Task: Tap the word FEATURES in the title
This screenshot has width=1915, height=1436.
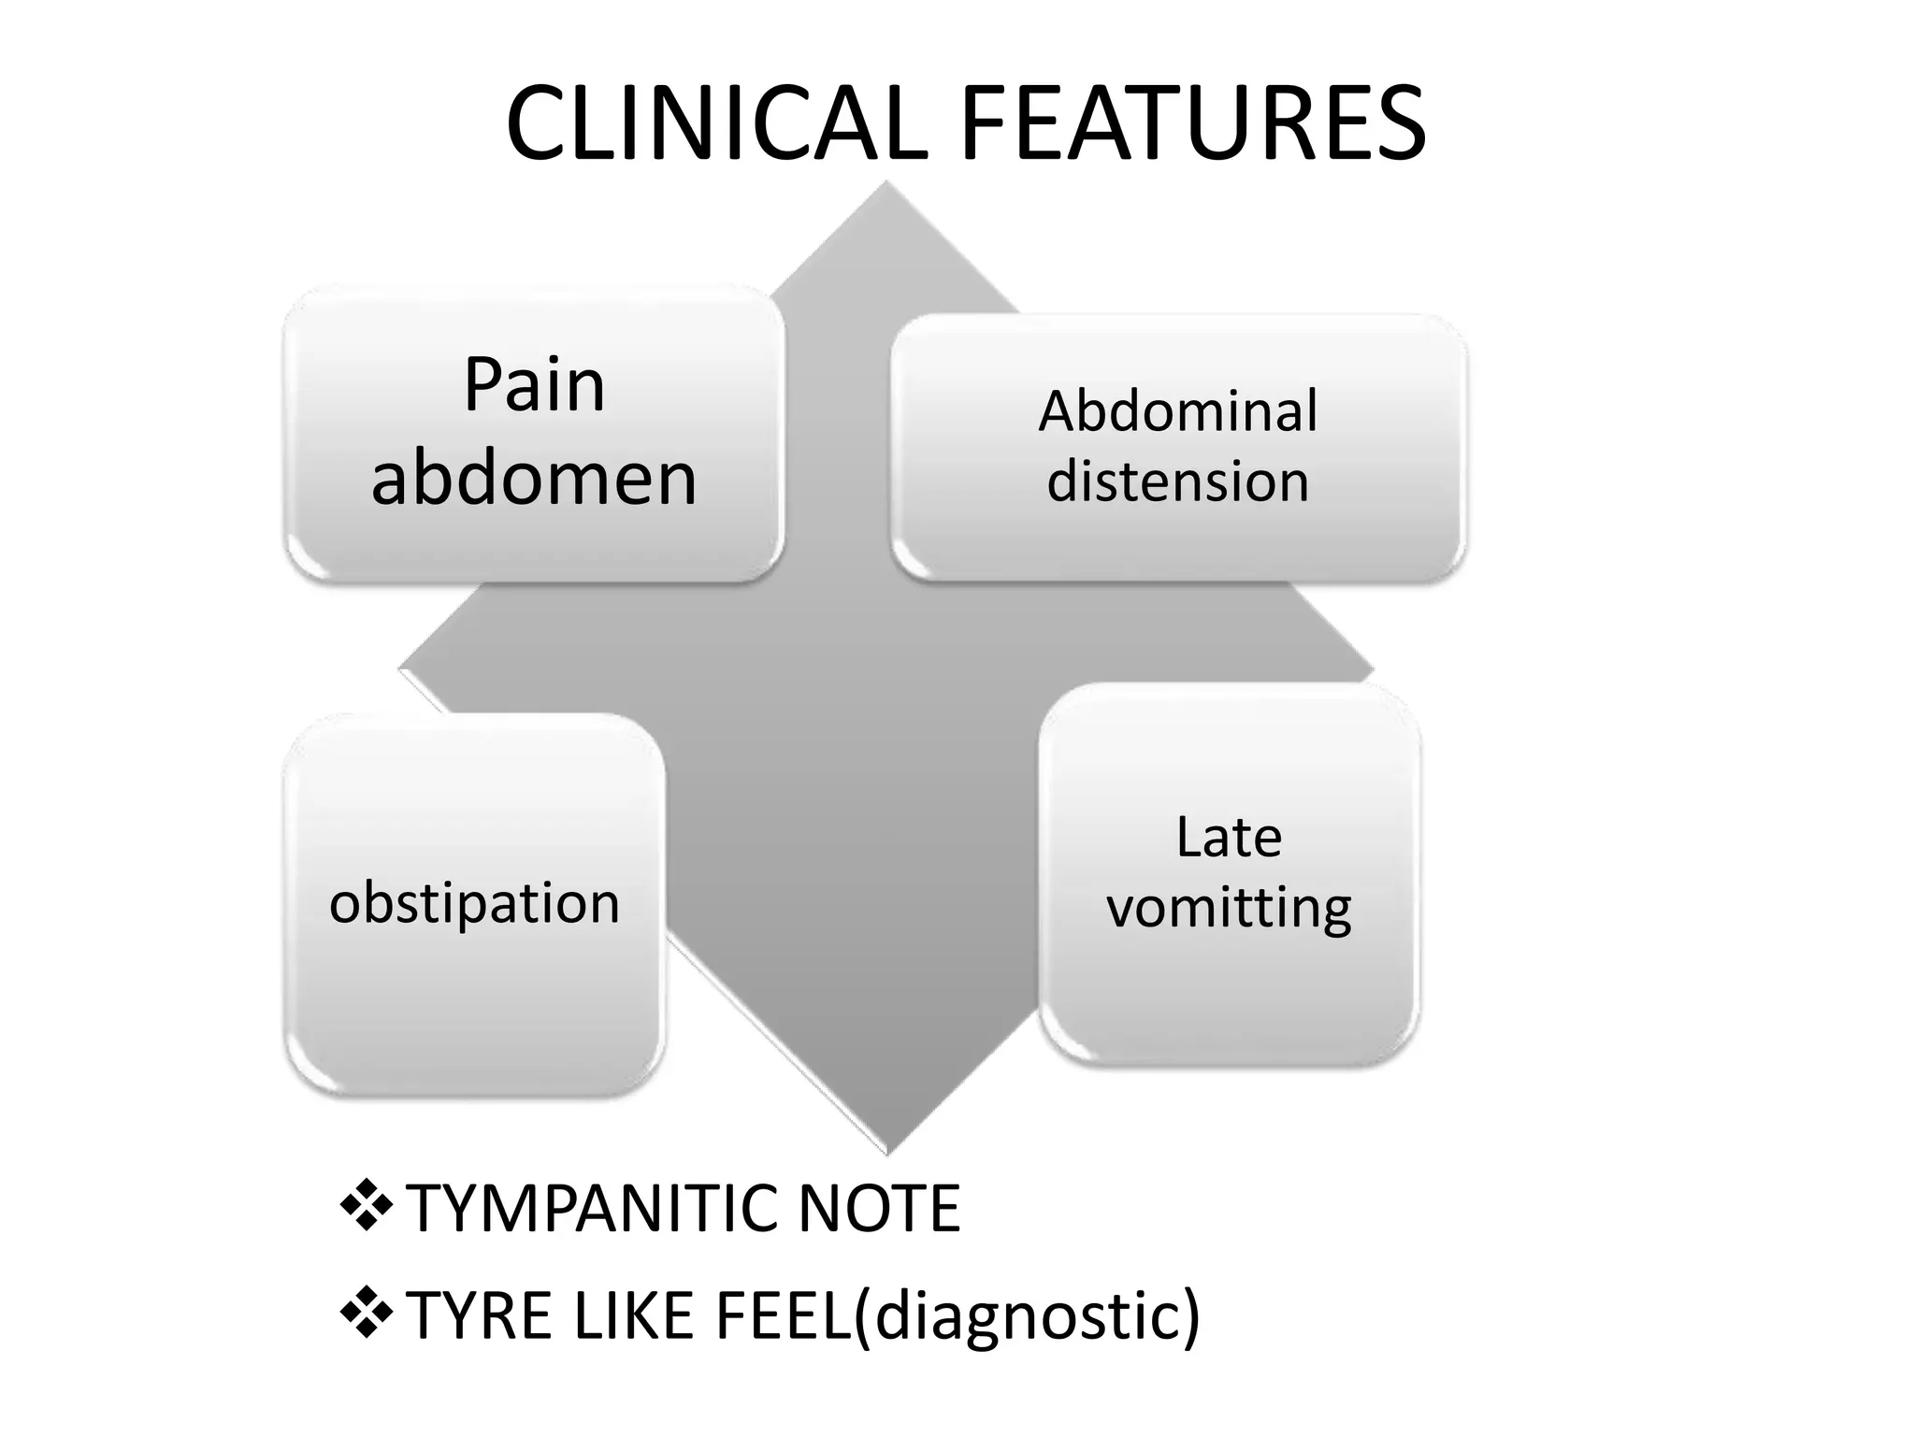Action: point(1193,124)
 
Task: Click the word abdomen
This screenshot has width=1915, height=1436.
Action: point(534,478)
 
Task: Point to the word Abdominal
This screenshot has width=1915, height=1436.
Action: point(1177,410)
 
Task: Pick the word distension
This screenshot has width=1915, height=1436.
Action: point(1177,481)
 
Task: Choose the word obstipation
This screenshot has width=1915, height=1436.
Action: point(474,904)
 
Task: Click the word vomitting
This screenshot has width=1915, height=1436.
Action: point(1229,908)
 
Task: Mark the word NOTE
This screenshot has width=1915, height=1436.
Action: point(879,1209)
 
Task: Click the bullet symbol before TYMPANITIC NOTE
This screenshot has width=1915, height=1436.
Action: point(366,1206)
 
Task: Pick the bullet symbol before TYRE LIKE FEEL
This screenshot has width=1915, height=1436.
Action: point(366,1313)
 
